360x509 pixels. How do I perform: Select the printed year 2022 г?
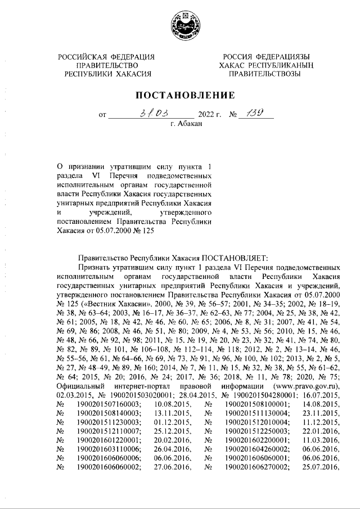(x=210, y=116)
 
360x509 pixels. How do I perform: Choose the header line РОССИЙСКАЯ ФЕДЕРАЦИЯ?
(x=107, y=57)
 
